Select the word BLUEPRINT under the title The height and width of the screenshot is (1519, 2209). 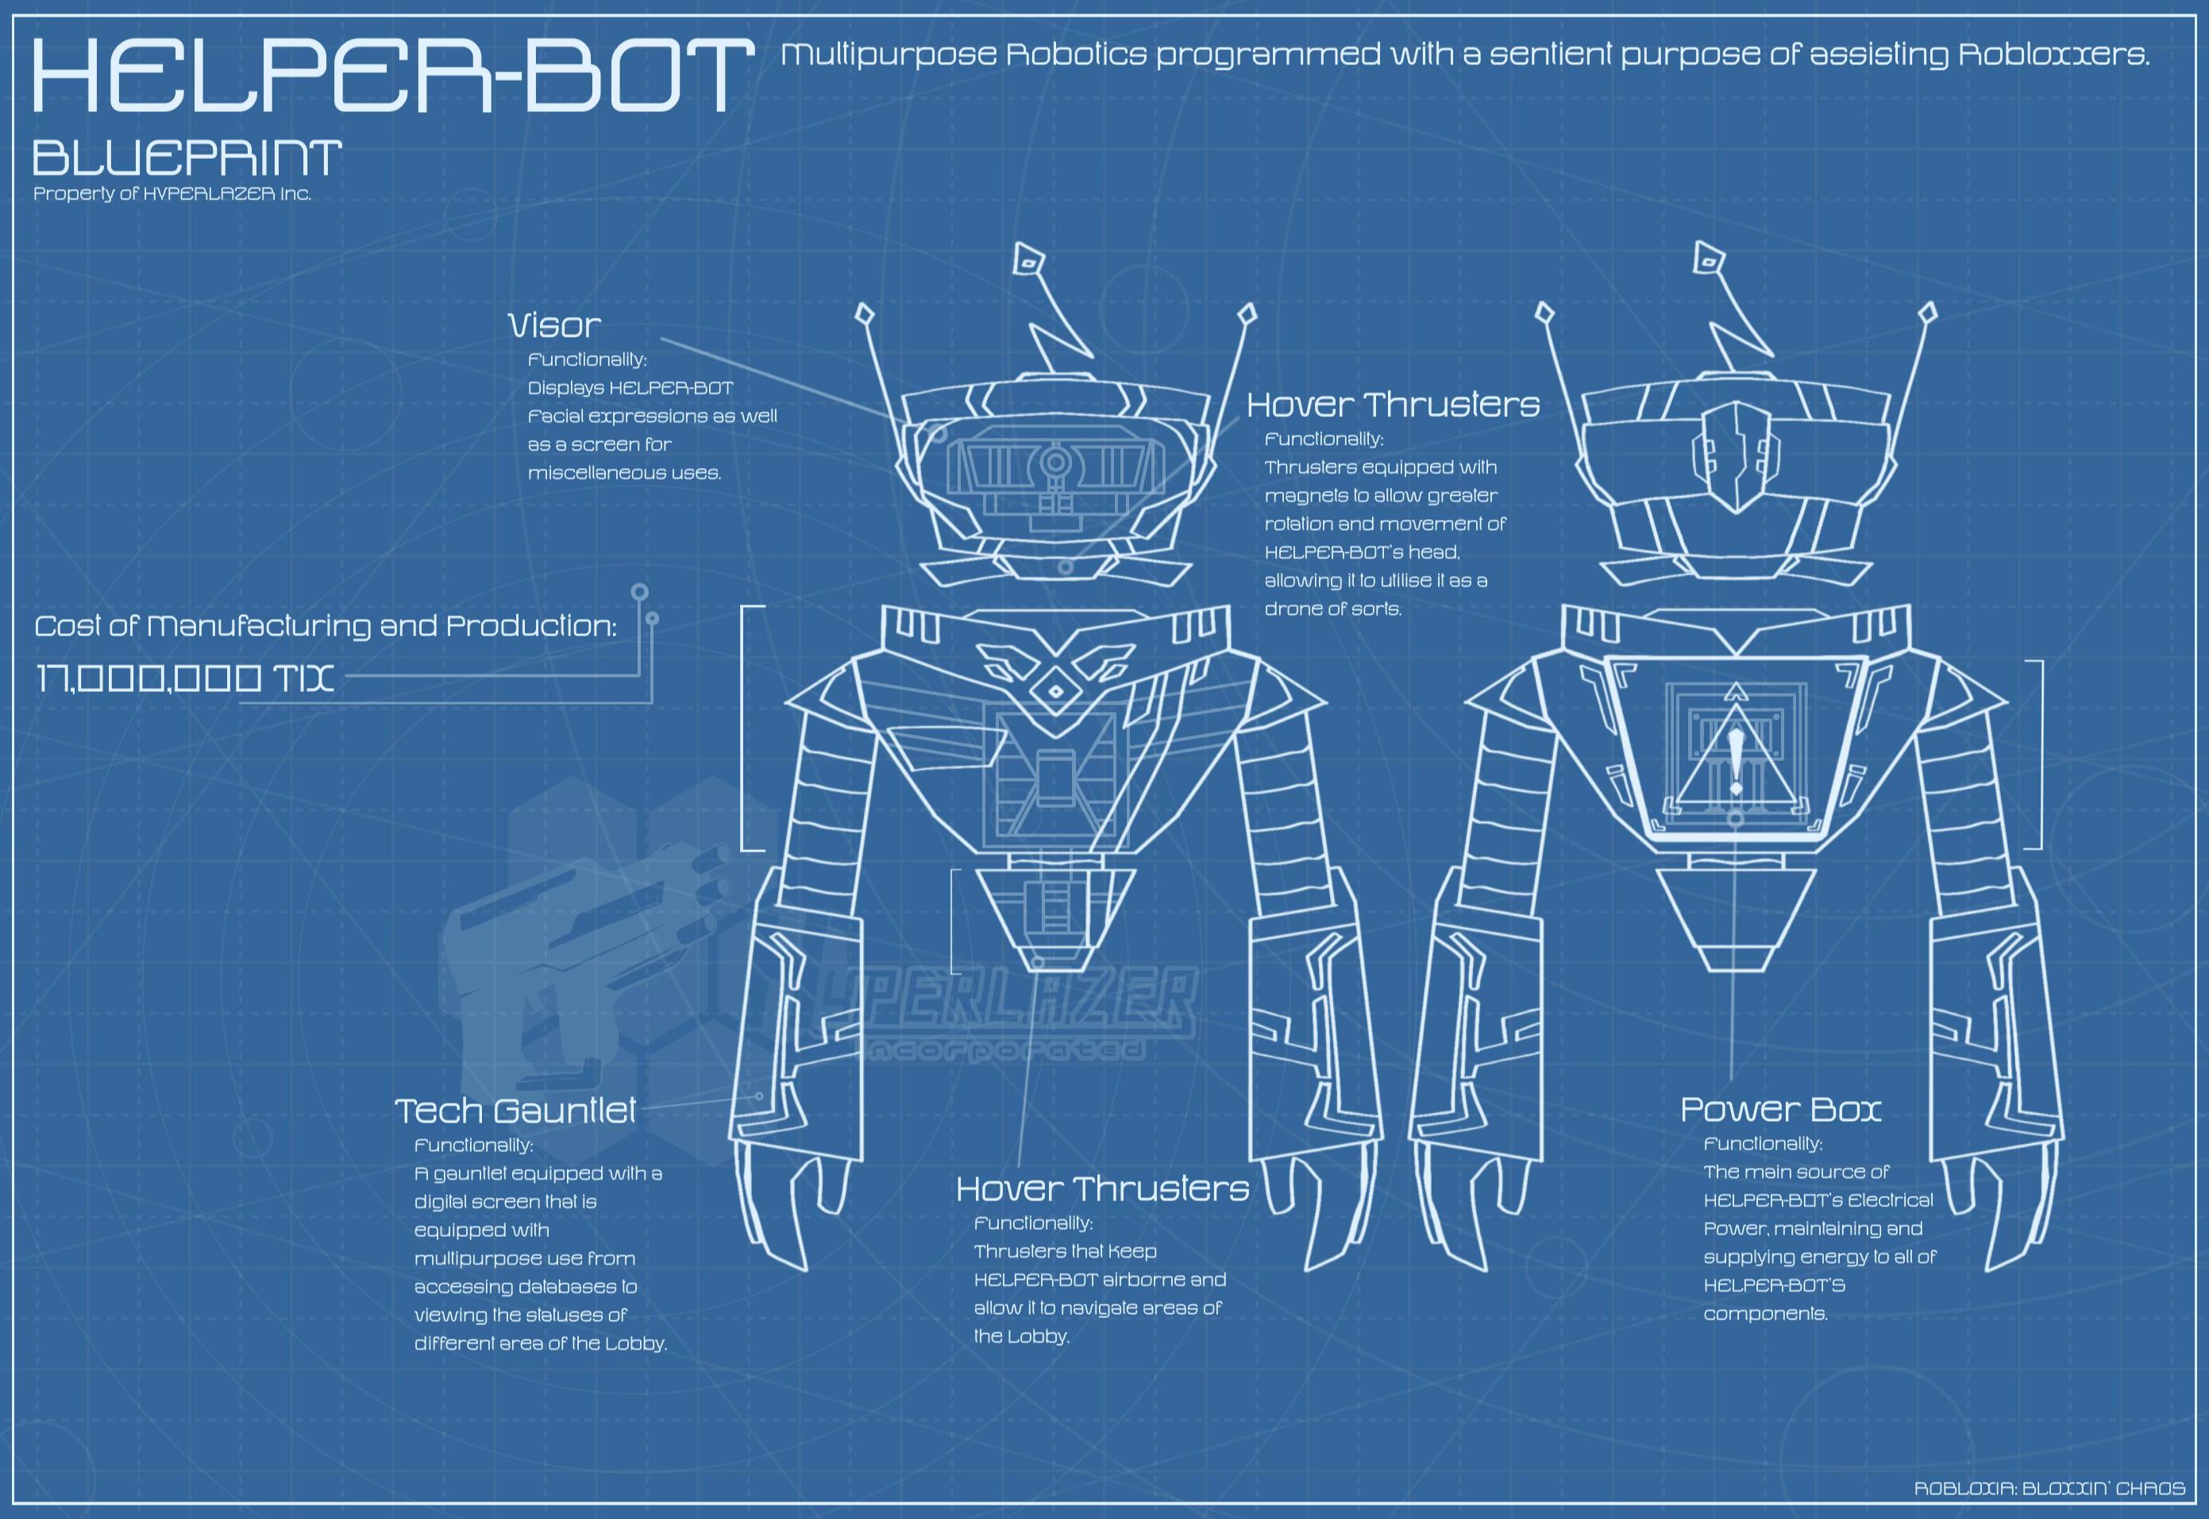click(x=187, y=158)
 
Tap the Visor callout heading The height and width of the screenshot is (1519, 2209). click(x=554, y=326)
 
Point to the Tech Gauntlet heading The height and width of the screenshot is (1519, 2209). click(x=515, y=1111)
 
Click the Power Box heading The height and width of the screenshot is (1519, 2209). click(x=1780, y=1109)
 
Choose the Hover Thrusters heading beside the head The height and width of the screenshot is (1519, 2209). click(x=1393, y=404)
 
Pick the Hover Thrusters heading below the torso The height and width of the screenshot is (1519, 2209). click(x=1103, y=1189)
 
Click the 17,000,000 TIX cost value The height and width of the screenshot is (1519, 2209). click(x=184, y=678)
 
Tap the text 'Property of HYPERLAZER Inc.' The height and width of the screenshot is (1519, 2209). click(x=172, y=194)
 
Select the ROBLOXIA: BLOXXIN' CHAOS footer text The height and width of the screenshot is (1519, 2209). click(x=2049, y=1487)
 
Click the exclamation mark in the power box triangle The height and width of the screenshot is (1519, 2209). click(x=1737, y=760)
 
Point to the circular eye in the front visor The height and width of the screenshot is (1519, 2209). click(x=1055, y=463)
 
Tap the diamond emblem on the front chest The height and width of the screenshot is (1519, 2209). click(x=1055, y=692)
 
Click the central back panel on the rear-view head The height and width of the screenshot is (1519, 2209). click(x=1737, y=457)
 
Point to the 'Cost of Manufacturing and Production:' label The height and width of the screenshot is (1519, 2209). click(x=326, y=626)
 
